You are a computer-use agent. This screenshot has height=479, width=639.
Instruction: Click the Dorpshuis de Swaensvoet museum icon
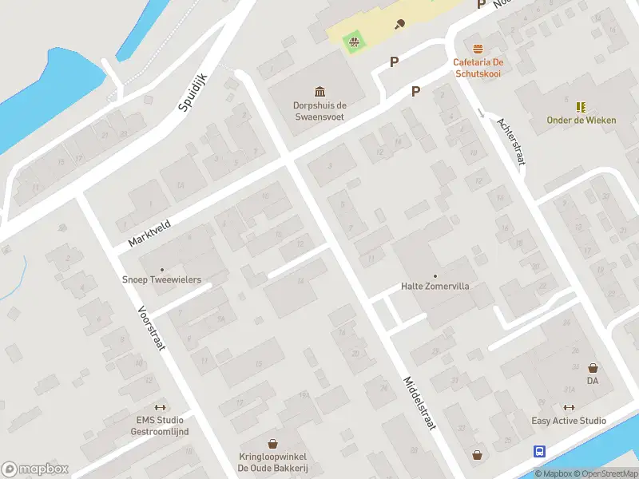pos(319,91)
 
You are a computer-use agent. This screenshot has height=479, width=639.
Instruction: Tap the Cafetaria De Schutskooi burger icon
pos(478,49)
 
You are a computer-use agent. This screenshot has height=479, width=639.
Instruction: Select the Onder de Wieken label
pos(581,121)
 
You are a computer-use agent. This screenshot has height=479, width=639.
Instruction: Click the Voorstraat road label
pos(151,334)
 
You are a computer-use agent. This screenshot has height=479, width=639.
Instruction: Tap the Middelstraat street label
pos(419,403)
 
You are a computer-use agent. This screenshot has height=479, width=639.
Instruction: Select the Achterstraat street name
pos(511,141)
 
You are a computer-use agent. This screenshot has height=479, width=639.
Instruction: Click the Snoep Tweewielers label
pos(161,280)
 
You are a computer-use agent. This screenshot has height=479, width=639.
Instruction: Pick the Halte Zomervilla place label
pos(435,286)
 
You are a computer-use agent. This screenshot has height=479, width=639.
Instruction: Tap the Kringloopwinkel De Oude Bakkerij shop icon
pos(273,443)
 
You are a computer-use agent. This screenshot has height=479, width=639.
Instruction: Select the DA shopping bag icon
pos(593,368)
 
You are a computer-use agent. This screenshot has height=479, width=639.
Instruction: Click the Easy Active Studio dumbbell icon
pos(569,408)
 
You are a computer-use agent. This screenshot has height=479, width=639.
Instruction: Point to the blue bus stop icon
pos(539,451)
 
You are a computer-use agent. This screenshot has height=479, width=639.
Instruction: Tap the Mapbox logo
pos(34,469)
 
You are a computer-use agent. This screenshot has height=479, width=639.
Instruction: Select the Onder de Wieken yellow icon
pos(581,106)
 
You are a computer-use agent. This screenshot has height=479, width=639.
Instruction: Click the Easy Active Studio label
pos(569,421)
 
